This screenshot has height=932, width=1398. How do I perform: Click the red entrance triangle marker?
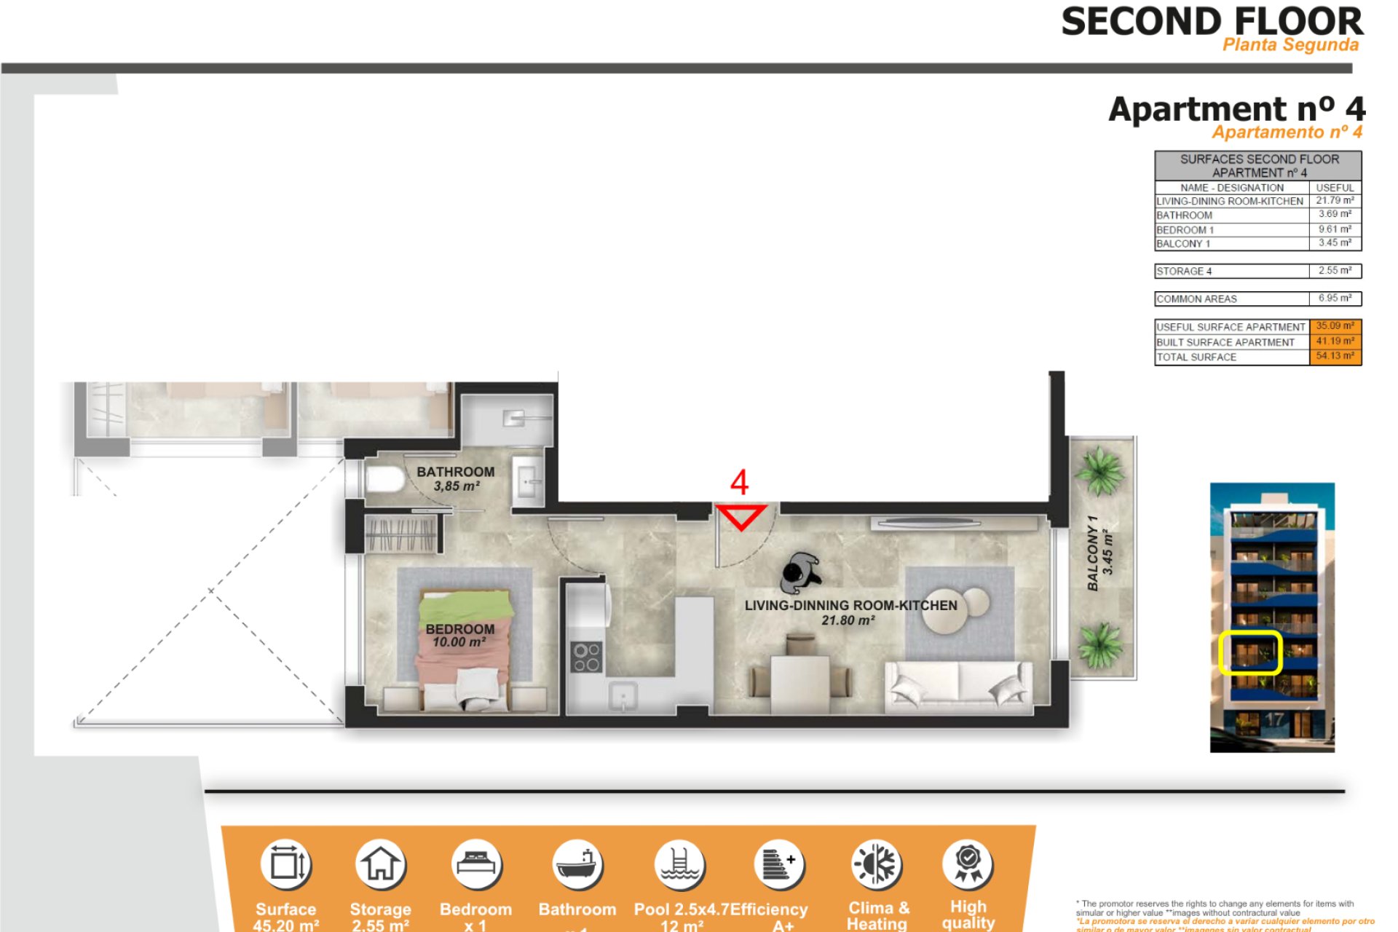pos(740,516)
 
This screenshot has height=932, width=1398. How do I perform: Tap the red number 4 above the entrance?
pos(739,483)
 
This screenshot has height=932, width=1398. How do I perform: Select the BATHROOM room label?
pos(455,472)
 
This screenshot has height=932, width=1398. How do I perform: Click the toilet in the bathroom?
pos(384,480)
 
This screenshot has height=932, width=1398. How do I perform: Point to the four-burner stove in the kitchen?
pos(586,657)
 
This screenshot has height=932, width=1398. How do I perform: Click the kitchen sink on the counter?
pos(623,696)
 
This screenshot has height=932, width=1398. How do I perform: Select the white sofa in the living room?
pos(958,687)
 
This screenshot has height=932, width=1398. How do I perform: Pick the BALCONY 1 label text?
pos(1092,553)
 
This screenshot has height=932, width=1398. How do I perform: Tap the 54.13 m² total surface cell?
pos(1335,356)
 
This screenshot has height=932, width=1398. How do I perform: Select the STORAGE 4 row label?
pos(1184,272)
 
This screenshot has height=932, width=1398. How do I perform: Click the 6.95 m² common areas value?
pos(1335,299)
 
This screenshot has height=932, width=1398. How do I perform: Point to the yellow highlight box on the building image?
pos(1249,653)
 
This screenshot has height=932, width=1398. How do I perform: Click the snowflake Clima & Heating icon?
pos(877,865)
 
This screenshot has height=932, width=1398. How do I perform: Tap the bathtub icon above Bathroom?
pos(577,865)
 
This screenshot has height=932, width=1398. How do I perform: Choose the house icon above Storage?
pos(380,865)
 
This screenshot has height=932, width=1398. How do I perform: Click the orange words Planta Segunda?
pos(1290,45)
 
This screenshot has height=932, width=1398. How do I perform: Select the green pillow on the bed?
pos(466,606)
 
